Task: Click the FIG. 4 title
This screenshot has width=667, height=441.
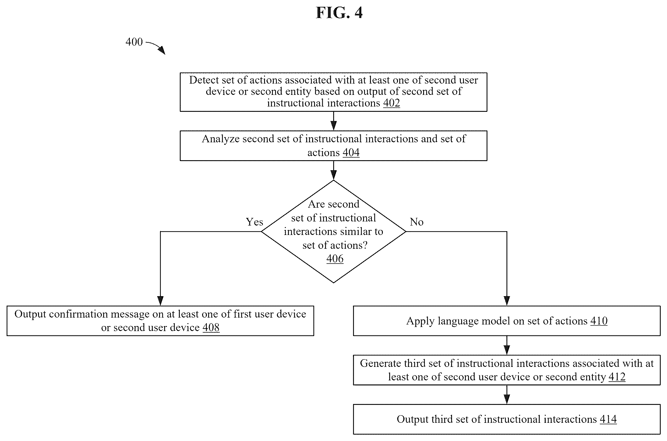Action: [339, 13]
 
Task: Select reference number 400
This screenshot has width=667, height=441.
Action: [134, 42]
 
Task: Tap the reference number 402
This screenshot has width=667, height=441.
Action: [391, 103]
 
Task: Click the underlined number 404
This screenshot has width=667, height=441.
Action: [351, 152]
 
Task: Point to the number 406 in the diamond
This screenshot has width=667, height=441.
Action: [335, 259]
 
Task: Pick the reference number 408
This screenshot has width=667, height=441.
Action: [211, 327]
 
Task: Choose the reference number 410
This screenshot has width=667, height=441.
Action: [599, 321]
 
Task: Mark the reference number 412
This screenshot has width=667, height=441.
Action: [617, 377]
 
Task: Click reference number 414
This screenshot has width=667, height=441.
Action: [608, 419]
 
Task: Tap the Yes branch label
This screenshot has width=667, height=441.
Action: [254, 222]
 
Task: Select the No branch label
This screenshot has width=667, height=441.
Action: [416, 222]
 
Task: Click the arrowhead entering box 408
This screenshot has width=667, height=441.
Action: [160, 301]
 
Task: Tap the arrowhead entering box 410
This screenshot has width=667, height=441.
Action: [507, 301]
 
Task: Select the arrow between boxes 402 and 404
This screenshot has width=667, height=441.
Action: [333, 121]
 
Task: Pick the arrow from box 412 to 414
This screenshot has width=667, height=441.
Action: [507, 395]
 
